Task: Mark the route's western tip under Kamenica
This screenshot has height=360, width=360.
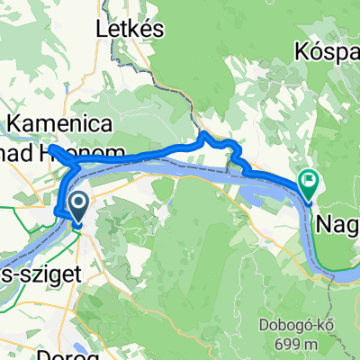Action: (50, 147)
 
